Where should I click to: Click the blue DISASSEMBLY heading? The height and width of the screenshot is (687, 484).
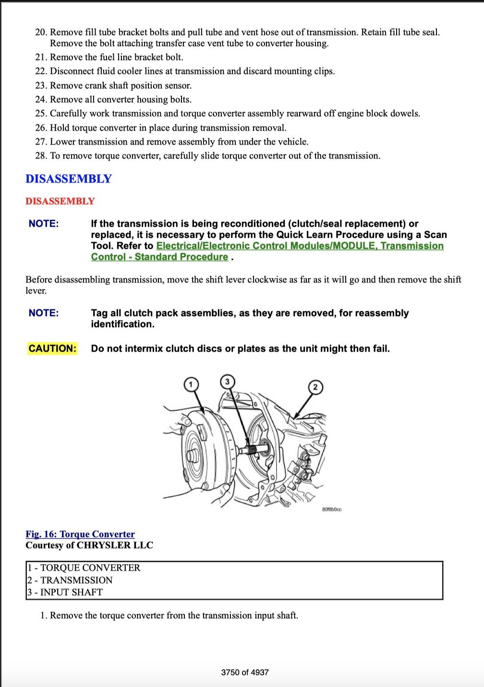tap(68, 179)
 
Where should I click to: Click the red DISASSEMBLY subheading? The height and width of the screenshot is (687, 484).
tap(60, 201)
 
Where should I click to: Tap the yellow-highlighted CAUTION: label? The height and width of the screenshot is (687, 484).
tap(52, 348)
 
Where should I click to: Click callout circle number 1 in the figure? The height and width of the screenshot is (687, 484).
tap(191, 384)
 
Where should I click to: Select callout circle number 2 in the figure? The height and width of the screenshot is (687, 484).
tap(315, 387)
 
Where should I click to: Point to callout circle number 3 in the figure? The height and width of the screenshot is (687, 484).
tap(227, 381)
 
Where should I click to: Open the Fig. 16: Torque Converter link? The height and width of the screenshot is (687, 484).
tap(80, 534)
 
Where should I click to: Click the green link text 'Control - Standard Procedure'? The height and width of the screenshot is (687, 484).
tap(159, 257)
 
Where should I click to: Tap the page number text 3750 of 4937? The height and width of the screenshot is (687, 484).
tap(245, 673)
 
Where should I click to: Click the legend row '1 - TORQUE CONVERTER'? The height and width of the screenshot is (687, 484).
tap(84, 568)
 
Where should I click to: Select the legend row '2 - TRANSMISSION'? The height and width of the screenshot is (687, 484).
tap(70, 580)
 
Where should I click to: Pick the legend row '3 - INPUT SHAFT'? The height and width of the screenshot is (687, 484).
tap(65, 592)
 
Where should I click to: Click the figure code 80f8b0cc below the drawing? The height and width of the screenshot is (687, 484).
tap(332, 509)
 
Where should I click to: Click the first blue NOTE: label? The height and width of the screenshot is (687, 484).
tap(44, 223)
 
